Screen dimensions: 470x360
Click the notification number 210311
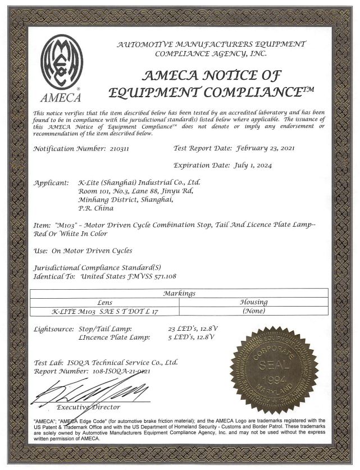(122, 149)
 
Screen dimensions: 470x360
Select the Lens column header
(104, 302)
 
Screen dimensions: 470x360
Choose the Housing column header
(253, 302)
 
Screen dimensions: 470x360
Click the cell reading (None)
(253, 311)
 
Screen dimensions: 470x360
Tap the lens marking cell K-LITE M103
(104, 311)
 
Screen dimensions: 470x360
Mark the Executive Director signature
(90, 392)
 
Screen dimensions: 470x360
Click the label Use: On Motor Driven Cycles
(83, 250)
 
